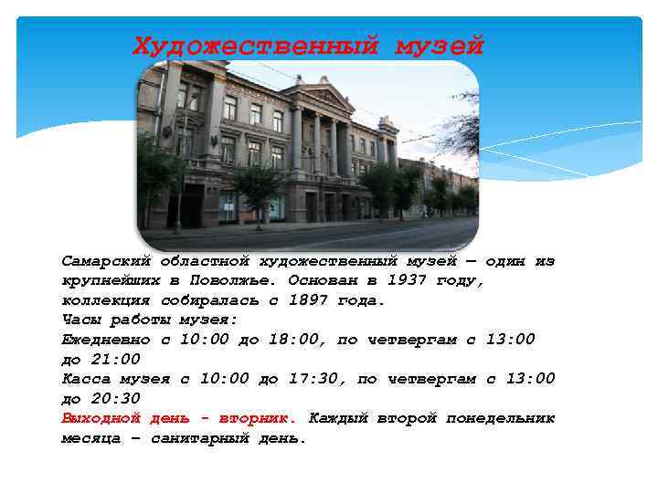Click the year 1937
[407, 280]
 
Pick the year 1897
[308, 300]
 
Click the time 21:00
[116, 360]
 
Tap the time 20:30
[116, 399]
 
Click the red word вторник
[259, 418]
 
